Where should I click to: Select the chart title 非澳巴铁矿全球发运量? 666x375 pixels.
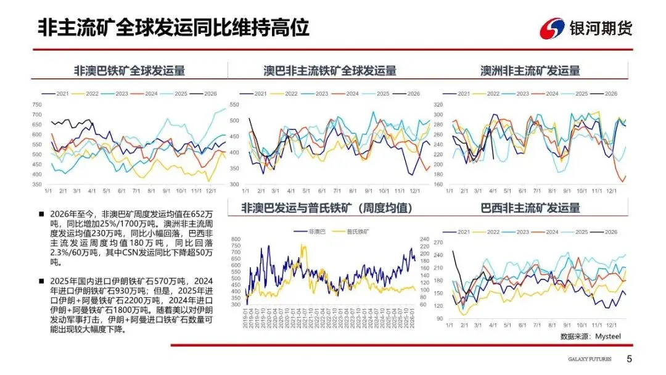coord(129,70)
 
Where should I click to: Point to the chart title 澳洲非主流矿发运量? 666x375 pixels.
coord(530,70)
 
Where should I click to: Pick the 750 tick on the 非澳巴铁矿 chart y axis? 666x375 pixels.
coord(36,105)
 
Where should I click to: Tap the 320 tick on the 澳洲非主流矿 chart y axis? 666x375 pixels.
coord(438,104)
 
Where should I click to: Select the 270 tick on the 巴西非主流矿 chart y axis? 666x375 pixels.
coord(438,241)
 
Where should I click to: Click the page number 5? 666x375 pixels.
coord(629,359)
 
